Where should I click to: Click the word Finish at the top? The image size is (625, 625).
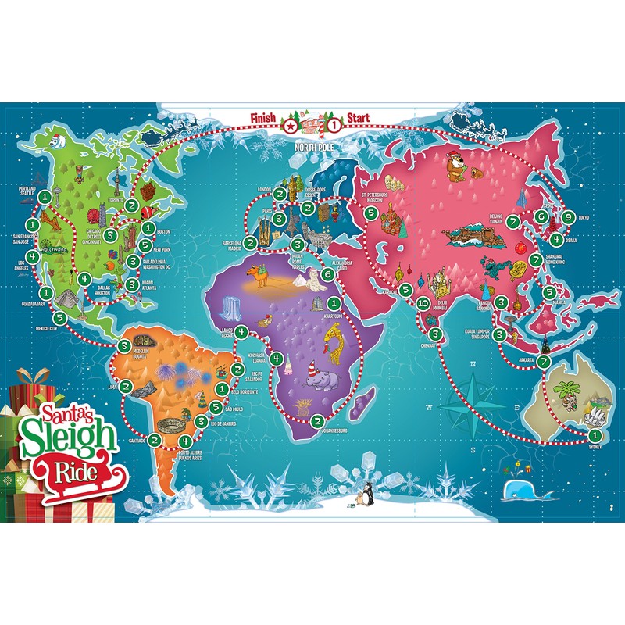(x=263, y=118)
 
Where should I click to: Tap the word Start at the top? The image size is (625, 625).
(x=359, y=118)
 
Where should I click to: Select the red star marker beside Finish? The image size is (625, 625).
(x=291, y=123)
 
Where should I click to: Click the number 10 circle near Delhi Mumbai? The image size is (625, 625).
(x=423, y=303)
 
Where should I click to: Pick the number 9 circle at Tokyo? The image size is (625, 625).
(x=568, y=217)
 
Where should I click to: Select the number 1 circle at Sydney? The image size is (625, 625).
(x=595, y=435)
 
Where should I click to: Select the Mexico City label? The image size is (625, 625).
(x=48, y=328)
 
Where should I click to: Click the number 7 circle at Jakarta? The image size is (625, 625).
(x=543, y=361)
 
